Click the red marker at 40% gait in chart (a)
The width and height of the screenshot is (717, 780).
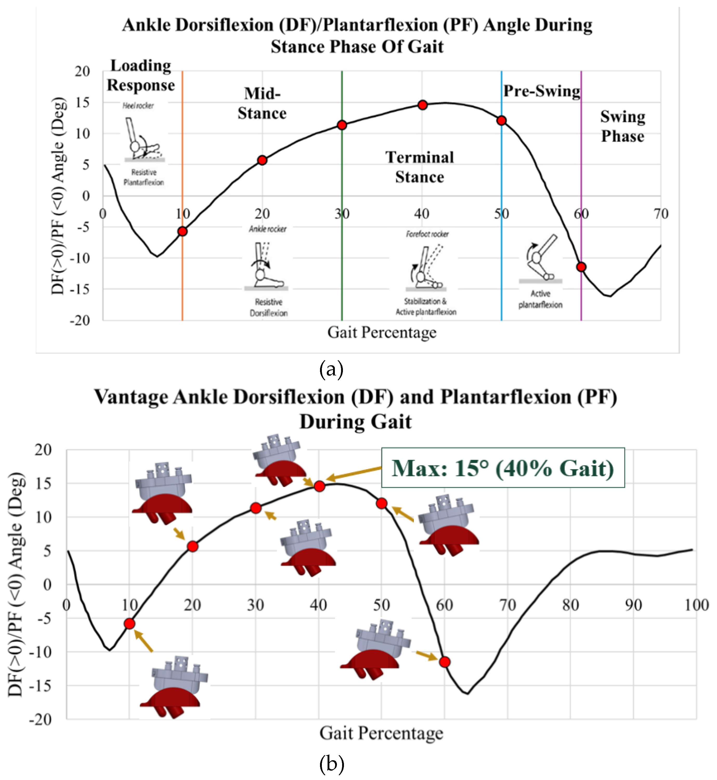(422, 105)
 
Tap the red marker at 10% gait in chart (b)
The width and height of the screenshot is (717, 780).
(129, 624)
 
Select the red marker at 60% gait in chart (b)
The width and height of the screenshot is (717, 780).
(445, 662)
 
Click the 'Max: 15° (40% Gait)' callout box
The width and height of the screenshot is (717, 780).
(503, 468)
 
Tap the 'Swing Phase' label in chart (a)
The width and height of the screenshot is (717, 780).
(622, 126)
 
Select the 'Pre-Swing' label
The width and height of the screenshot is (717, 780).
(542, 91)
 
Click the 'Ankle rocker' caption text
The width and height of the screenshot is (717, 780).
(268, 229)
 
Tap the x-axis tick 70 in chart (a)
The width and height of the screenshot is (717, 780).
(661, 214)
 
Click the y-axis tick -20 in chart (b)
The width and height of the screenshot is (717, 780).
(40, 719)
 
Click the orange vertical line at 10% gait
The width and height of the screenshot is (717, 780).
(182, 279)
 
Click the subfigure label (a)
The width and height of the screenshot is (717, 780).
(331, 370)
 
